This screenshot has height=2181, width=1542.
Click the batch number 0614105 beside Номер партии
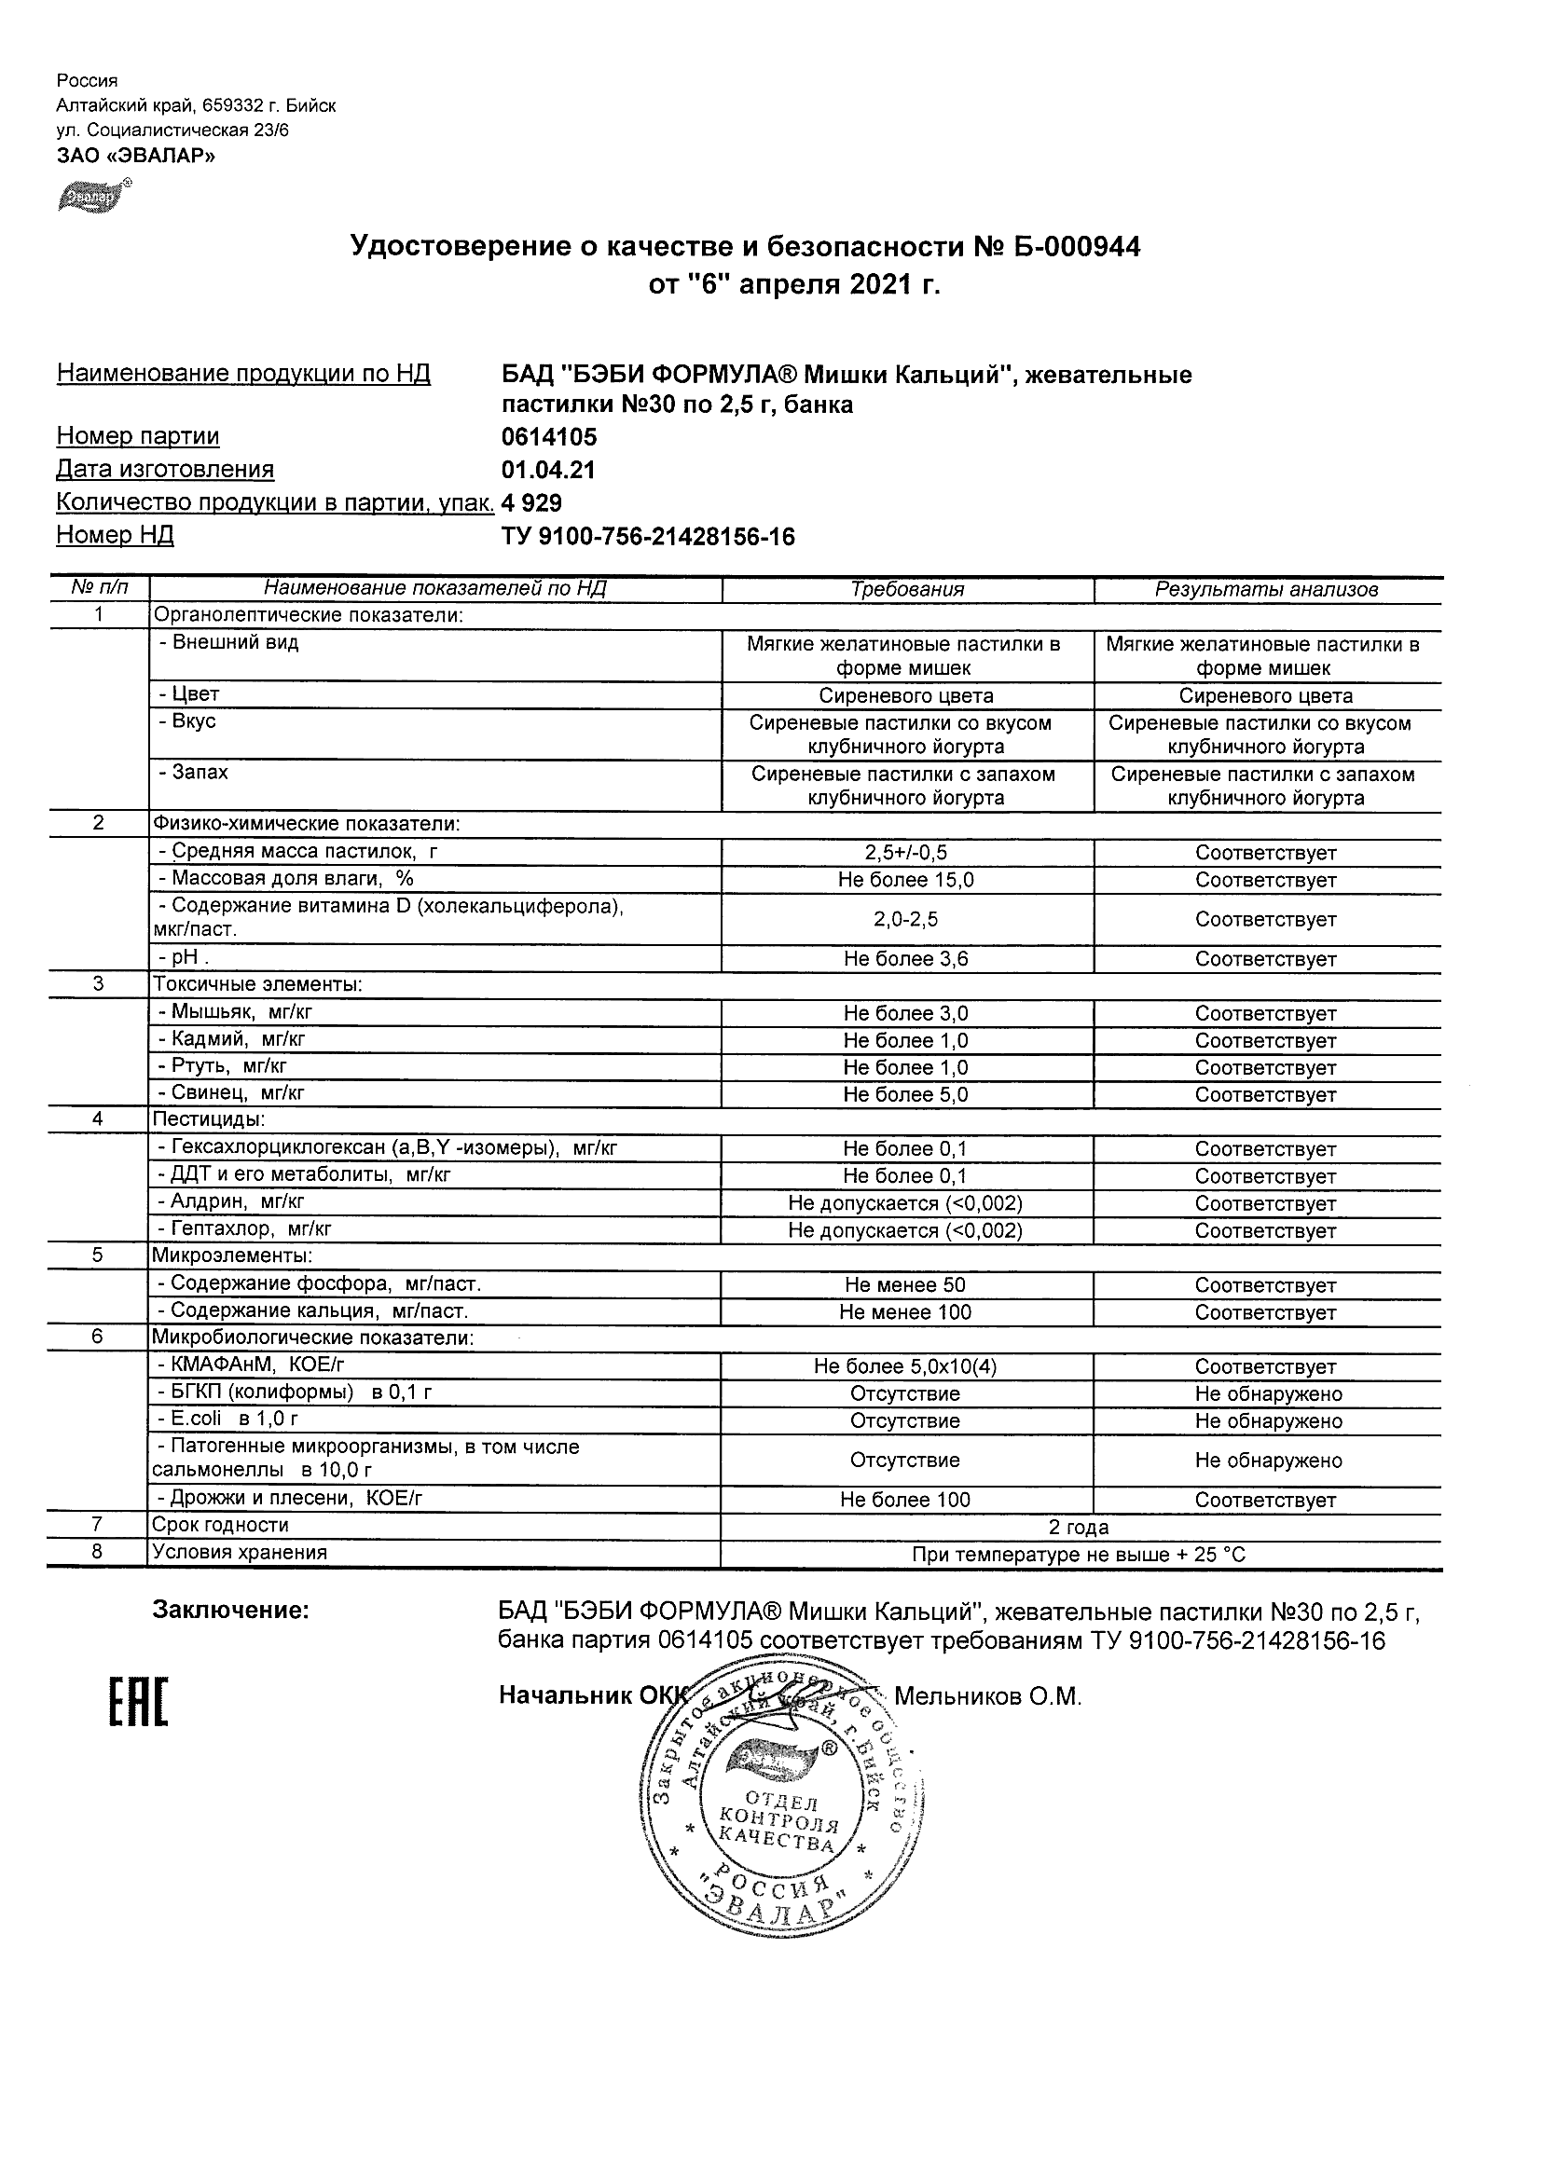(x=549, y=437)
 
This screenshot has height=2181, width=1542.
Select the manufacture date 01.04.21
(x=548, y=470)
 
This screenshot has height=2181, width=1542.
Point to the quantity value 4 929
(x=532, y=503)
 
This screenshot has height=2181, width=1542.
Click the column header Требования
(x=907, y=589)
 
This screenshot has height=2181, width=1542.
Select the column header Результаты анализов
(x=1266, y=589)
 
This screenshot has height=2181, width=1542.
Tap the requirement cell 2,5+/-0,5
(x=906, y=853)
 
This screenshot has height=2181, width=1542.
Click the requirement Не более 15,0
(x=906, y=880)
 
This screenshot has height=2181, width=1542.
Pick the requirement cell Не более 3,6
(x=906, y=958)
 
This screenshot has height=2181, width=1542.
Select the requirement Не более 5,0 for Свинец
(x=906, y=1094)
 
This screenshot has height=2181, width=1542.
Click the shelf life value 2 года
(x=1079, y=1529)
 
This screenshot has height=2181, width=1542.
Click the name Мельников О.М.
(x=988, y=1695)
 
